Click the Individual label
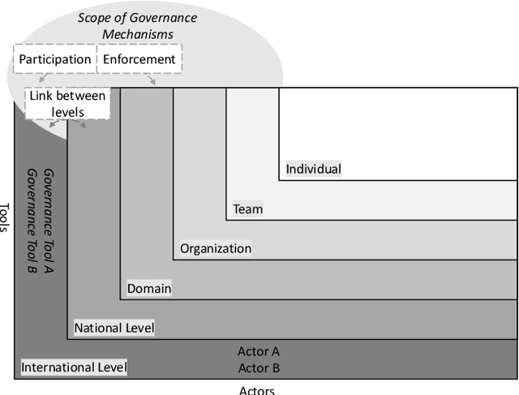click(x=313, y=170)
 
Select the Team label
click(x=247, y=209)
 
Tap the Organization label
click(x=215, y=248)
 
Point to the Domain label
click(x=149, y=288)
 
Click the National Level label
click(x=114, y=328)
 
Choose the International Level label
click(x=75, y=367)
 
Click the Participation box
click(x=55, y=59)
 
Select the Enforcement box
click(x=139, y=59)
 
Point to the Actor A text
click(x=259, y=351)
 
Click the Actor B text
click(x=259, y=367)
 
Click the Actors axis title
click(x=257, y=390)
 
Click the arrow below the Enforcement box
click(x=152, y=79)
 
